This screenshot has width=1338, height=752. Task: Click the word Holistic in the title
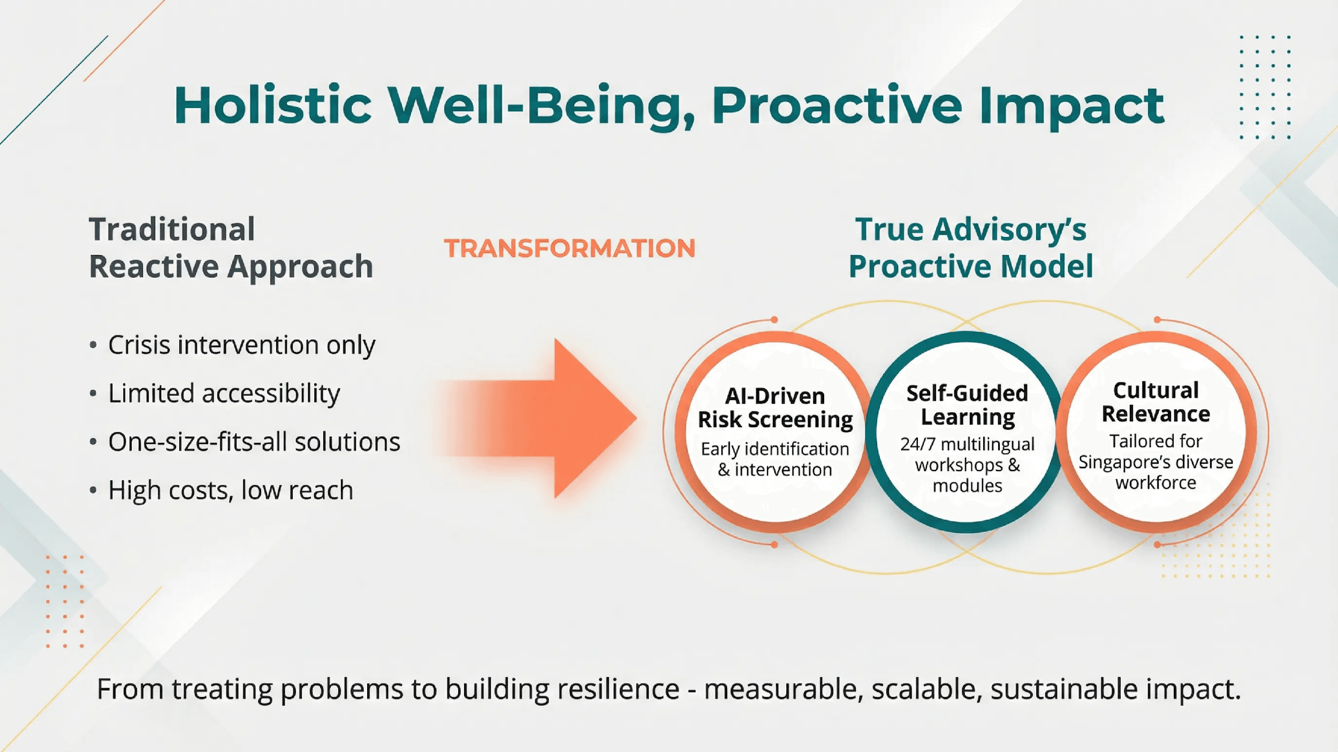pos(272,105)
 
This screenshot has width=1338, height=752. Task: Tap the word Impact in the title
pos(1071,106)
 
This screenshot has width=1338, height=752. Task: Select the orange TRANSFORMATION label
pos(569,248)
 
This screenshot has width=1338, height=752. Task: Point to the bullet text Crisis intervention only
pos(241,345)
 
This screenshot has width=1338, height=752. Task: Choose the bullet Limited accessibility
pos(224,394)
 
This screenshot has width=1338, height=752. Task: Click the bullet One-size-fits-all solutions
pos(254,442)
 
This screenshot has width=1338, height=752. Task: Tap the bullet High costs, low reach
pos(230,490)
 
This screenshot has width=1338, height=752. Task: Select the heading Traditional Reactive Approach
pos(230,248)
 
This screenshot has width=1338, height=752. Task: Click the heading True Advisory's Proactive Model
pos(970,248)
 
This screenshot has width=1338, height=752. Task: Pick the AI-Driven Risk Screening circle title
pos(775,408)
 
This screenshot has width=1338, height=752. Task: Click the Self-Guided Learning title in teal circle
pos(967,405)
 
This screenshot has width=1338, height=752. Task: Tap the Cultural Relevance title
pos(1155,402)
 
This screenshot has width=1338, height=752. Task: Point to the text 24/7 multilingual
pos(967,444)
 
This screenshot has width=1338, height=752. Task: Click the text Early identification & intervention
pos(775,459)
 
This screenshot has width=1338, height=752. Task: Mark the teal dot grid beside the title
pos(1265,87)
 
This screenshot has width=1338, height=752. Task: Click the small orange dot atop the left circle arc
pos(774,320)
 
